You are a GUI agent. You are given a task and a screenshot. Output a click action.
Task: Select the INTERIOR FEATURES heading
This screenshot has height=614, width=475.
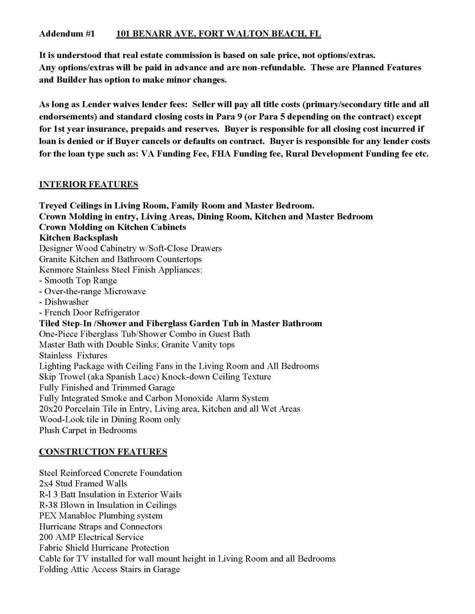pos(89,185)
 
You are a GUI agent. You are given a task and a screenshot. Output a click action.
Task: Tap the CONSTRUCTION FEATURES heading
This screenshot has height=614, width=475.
pos(103,452)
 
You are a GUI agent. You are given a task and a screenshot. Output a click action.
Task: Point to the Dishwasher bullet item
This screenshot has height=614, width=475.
pos(66,302)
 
